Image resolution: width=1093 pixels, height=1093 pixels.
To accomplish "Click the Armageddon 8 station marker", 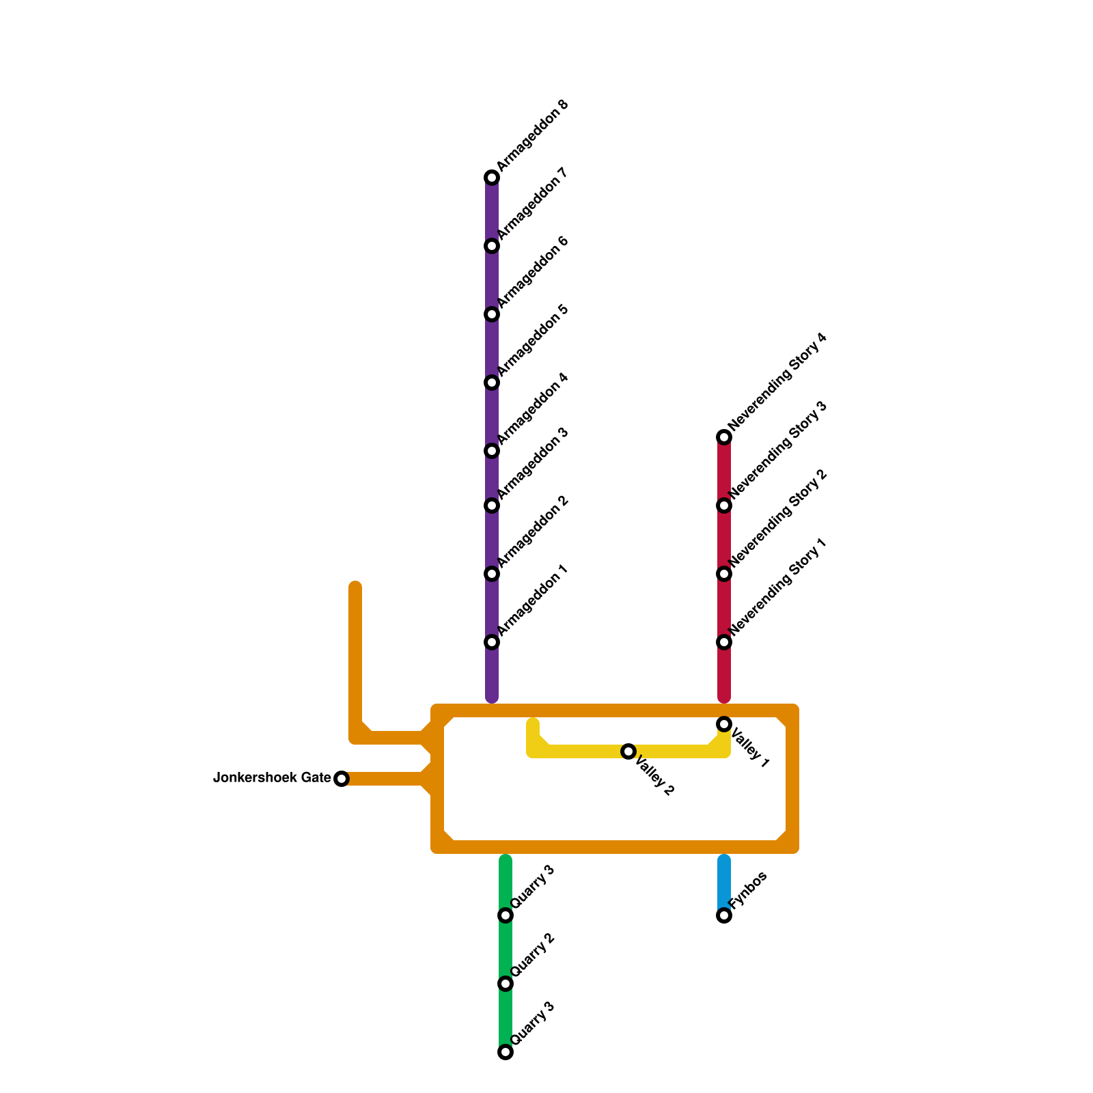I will click(492, 178).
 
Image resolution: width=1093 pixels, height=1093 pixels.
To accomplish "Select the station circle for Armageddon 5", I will click(492, 383).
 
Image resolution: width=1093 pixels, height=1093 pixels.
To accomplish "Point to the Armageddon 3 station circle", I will click(492, 506).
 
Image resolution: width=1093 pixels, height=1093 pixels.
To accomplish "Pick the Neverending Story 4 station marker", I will click(724, 437).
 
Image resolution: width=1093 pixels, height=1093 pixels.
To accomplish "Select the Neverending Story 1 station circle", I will click(724, 642).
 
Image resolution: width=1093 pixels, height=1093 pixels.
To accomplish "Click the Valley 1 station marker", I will click(724, 724).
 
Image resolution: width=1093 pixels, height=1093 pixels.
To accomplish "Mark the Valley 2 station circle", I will click(628, 751).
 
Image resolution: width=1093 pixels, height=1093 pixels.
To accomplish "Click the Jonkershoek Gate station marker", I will click(342, 779).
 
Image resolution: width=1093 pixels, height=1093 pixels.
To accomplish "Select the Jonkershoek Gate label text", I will click(272, 778).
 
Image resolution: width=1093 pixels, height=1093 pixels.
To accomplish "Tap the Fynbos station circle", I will click(724, 915).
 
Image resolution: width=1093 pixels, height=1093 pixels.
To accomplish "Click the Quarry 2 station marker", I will click(506, 984).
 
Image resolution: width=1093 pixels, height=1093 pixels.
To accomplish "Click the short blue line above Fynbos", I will click(724, 881).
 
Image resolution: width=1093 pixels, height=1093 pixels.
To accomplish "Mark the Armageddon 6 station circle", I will click(492, 314).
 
